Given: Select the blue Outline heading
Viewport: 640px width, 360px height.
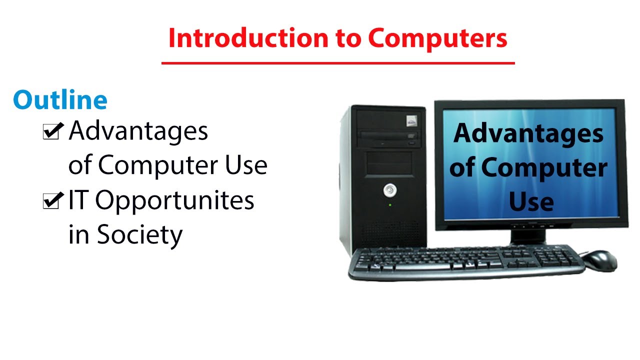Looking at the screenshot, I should (x=60, y=100).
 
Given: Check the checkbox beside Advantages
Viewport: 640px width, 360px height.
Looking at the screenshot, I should (x=52, y=132).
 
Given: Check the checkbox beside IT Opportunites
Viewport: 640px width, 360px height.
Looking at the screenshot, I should (x=52, y=201).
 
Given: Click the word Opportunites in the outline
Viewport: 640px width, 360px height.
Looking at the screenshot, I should (x=174, y=201).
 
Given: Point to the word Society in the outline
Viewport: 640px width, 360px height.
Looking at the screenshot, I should (x=139, y=234).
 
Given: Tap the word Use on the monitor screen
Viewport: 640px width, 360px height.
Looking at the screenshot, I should (x=531, y=202).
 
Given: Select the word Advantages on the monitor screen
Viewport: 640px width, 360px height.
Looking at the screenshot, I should (x=528, y=134).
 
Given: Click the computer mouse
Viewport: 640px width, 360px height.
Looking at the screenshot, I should (x=600, y=260).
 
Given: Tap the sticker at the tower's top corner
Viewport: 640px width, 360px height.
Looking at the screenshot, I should (x=411, y=120).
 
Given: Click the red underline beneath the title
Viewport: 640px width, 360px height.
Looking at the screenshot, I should (x=338, y=63).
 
